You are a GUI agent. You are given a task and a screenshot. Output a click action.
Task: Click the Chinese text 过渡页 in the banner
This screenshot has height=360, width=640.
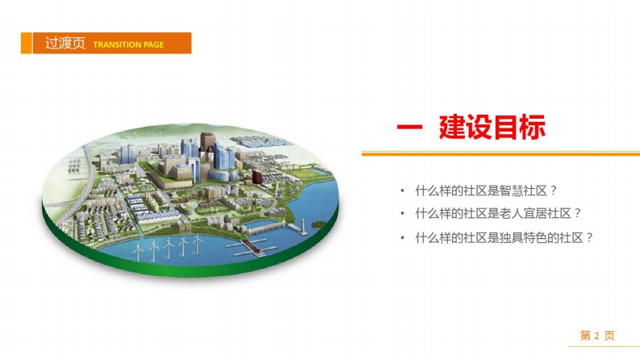coord(65,44)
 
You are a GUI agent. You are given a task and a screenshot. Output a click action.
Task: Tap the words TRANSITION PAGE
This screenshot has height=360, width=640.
coord(128,44)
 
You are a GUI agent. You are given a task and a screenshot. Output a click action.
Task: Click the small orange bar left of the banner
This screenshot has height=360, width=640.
coord(26,43)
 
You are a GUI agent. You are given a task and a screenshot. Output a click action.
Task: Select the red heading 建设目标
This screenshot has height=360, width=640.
coord(492,128)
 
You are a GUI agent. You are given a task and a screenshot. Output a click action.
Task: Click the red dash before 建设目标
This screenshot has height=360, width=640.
coord(409,128)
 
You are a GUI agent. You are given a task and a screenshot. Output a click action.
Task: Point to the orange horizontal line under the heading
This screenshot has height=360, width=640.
coord(501,154)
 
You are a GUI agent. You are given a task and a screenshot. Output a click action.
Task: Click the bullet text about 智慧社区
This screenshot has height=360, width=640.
coord(486,190)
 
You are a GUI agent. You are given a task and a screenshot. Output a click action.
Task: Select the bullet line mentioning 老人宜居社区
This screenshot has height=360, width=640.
coord(498,213)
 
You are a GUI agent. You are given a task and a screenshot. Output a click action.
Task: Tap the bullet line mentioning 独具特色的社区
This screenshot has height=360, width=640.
coord(504,237)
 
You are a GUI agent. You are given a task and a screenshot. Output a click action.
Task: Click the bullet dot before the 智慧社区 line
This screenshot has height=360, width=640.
coord(403,190)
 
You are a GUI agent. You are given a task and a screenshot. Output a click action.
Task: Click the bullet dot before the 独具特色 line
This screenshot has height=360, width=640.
coord(403,237)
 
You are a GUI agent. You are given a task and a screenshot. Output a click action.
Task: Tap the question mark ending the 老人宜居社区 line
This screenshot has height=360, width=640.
coord(577,213)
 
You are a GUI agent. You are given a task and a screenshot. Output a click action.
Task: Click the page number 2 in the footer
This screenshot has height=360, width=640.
coord(596,336)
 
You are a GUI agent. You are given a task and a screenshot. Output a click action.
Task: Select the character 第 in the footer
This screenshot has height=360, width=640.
coord(585,336)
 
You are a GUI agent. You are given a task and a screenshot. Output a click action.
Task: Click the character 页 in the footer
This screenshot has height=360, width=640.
coord(609,336)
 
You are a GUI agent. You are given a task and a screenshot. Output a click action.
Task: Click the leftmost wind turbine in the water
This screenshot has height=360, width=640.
coord(138,250)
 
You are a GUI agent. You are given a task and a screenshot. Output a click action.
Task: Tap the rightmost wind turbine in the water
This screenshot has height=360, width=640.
coord(198,243)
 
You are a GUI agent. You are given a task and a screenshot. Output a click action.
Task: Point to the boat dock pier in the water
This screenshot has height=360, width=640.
coord(250,247)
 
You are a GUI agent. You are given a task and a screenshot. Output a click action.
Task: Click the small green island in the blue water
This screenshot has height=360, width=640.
coord(319,225)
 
